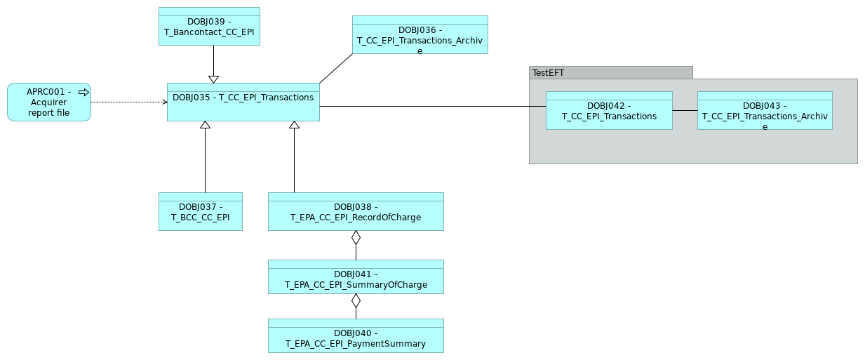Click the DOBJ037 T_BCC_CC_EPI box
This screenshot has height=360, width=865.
coord(201,212)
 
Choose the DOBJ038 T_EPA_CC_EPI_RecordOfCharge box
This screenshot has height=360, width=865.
coord(356,212)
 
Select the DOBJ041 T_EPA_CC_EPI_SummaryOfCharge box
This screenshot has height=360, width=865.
coord(356,279)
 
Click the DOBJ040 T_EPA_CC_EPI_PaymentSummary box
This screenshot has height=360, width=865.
coord(356,338)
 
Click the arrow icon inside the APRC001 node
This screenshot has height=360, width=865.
coord(83,92)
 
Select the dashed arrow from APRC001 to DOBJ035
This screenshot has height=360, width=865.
coord(129,102)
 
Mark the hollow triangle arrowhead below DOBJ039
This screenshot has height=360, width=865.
coord(213,79)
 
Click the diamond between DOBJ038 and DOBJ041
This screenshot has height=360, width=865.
coord(356,237)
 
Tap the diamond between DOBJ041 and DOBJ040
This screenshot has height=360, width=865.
coord(356,300)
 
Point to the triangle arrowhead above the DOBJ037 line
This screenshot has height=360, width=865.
coord(205,125)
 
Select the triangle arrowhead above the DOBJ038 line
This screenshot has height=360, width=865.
coord(294,125)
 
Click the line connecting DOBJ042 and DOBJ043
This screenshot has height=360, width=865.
coord(685,110)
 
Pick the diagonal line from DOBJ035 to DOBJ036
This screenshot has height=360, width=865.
coord(336,69)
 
